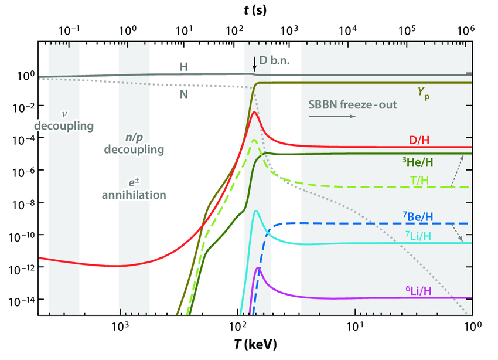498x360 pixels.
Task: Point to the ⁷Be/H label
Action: click(418, 216)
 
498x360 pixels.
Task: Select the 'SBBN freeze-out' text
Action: click(353, 105)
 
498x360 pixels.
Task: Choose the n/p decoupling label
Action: click(134, 144)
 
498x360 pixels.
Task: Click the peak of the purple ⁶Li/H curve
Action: click(258, 268)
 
